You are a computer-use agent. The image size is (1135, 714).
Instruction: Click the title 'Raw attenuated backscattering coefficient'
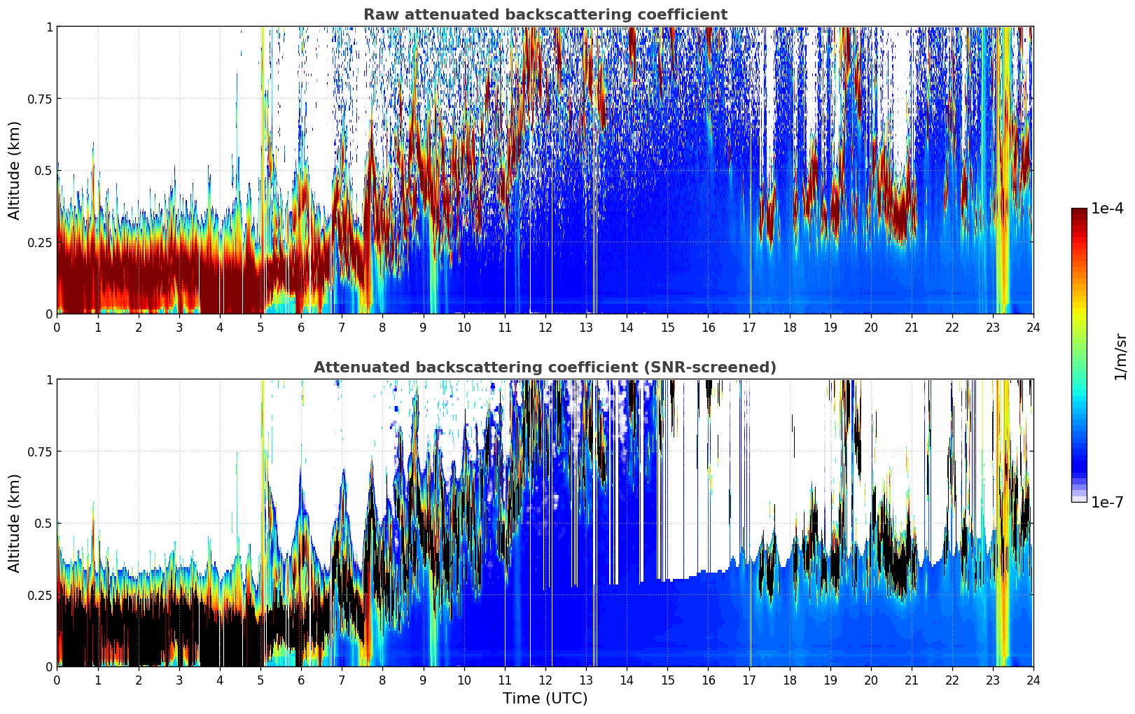coord(545,15)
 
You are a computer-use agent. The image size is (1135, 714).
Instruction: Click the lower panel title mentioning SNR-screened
coord(545,367)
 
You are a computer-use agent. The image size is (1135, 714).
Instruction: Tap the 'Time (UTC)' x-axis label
coord(545,699)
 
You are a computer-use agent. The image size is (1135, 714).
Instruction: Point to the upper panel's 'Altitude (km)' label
coord(14,170)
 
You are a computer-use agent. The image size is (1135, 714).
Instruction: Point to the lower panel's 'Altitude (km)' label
coord(14,523)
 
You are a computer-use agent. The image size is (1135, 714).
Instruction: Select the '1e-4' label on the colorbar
coord(1107,209)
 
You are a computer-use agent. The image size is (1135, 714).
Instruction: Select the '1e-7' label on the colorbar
coord(1107,503)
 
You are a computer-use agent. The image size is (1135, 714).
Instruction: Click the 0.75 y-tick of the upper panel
coord(40,99)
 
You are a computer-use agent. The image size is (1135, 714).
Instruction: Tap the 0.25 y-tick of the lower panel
coord(40,595)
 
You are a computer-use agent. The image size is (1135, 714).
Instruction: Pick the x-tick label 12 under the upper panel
coord(545,328)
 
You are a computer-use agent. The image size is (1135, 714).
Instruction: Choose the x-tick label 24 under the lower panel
coord(1033,680)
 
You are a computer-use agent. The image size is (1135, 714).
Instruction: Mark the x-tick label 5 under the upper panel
coord(260,328)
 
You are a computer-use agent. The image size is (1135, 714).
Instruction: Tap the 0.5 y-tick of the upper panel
coord(43,171)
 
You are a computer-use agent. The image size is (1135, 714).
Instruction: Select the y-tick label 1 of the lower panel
coord(49,380)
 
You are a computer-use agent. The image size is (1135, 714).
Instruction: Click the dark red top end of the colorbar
coord(1078,211)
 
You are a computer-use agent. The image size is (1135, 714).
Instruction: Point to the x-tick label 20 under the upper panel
coord(870,328)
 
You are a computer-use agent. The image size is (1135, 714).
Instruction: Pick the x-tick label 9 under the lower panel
coord(423,680)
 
